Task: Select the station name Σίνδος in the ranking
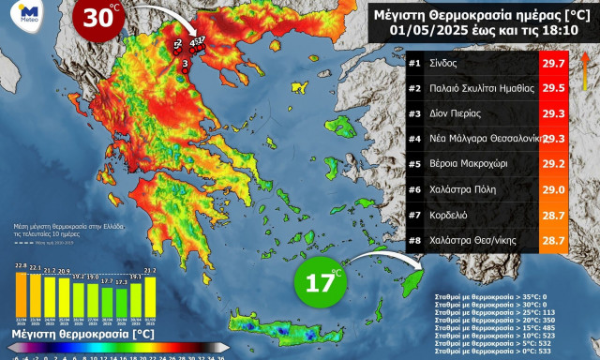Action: coord(445,63)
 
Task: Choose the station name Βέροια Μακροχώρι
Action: coord(472,162)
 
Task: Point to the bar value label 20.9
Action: coord(64,270)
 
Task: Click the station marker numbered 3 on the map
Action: coord(186,64)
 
